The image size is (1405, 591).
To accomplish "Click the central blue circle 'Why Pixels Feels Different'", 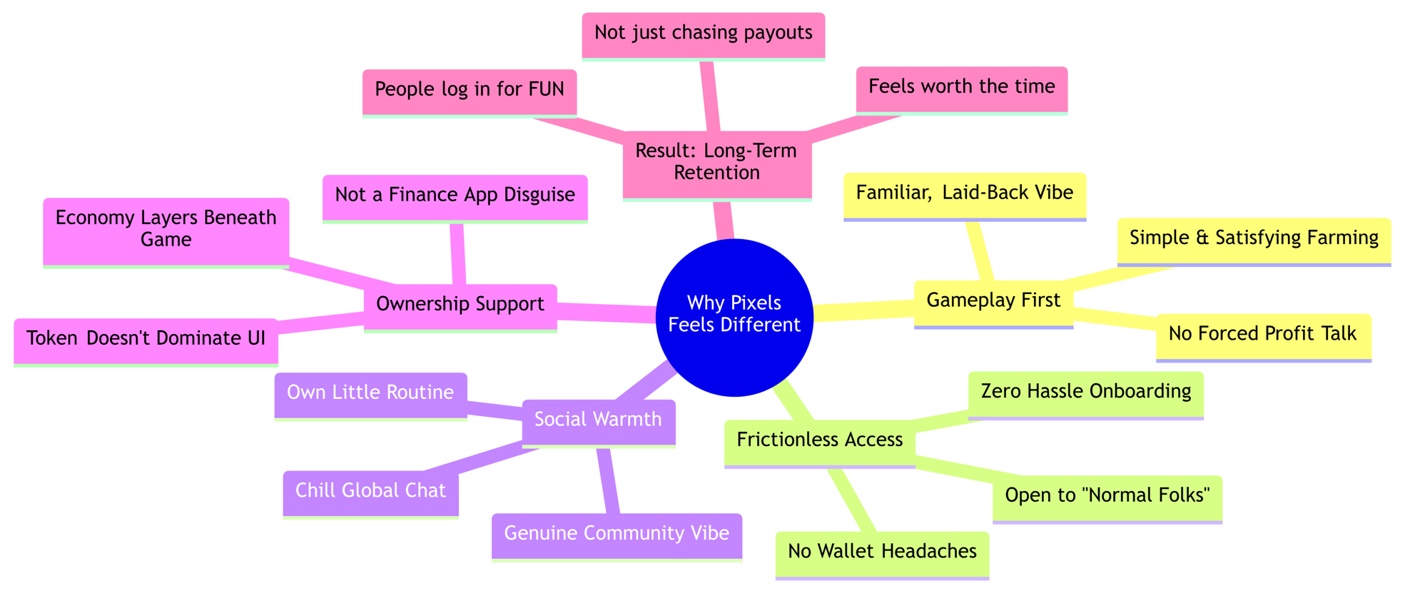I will tap(734, 317).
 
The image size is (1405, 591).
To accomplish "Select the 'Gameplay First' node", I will tap(993, 301).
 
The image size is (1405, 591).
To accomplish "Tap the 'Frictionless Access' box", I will tap(819, 440).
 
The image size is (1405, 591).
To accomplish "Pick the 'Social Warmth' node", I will tap(598, 420).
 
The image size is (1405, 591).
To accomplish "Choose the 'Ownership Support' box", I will tap(460, 305).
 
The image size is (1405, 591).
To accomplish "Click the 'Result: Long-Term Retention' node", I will tap(716, 162).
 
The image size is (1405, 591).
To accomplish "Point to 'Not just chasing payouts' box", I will tap(703, 34).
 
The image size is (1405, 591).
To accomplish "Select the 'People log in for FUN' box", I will tap(469, 90).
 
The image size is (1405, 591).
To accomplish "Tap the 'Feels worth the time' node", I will tap(961, 87).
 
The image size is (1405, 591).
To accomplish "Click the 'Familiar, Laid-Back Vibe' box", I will tap(964, 193).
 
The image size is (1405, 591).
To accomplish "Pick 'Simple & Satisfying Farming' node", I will tap(1254, 238).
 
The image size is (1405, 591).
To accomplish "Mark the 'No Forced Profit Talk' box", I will tap(1262, 335).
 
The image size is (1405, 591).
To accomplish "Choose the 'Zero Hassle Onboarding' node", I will tap(1085, 392).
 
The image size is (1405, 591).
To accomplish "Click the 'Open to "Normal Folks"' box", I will tap(1107, 496).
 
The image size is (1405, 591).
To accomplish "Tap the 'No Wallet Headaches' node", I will tap(882, 552).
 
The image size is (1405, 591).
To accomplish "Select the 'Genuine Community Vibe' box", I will tap(617, 534).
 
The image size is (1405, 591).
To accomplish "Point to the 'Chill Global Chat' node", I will tap(370, 491).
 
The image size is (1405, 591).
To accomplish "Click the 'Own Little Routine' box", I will tap(370, 393).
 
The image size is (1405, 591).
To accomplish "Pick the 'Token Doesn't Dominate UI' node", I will tap(146, 339).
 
